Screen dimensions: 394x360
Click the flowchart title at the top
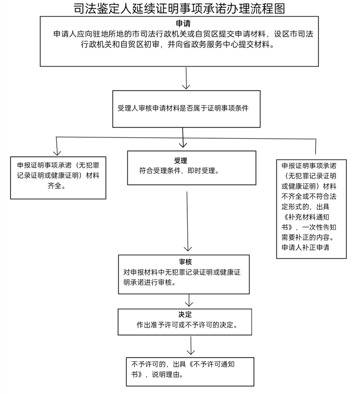tap(180, 8)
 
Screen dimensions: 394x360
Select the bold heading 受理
tap(180, 161)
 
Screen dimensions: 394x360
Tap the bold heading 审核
tap(186, 262)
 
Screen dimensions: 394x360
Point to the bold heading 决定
tap(185, 315)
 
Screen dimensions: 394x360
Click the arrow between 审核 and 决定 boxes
tap(189, 300)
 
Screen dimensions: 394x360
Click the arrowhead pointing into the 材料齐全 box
tap(56, 152)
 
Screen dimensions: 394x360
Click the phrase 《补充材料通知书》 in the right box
tap(304, 220)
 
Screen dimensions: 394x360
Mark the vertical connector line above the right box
tap(316, 146)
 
